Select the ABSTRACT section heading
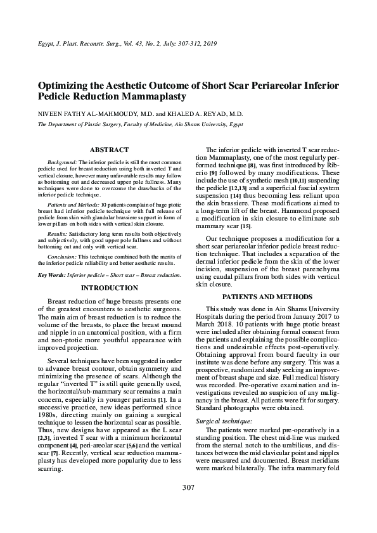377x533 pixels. click(109, 150)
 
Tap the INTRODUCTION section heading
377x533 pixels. click(109, 288)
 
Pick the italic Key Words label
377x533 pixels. click(51, 275)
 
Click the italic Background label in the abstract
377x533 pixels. click(62, 163)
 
